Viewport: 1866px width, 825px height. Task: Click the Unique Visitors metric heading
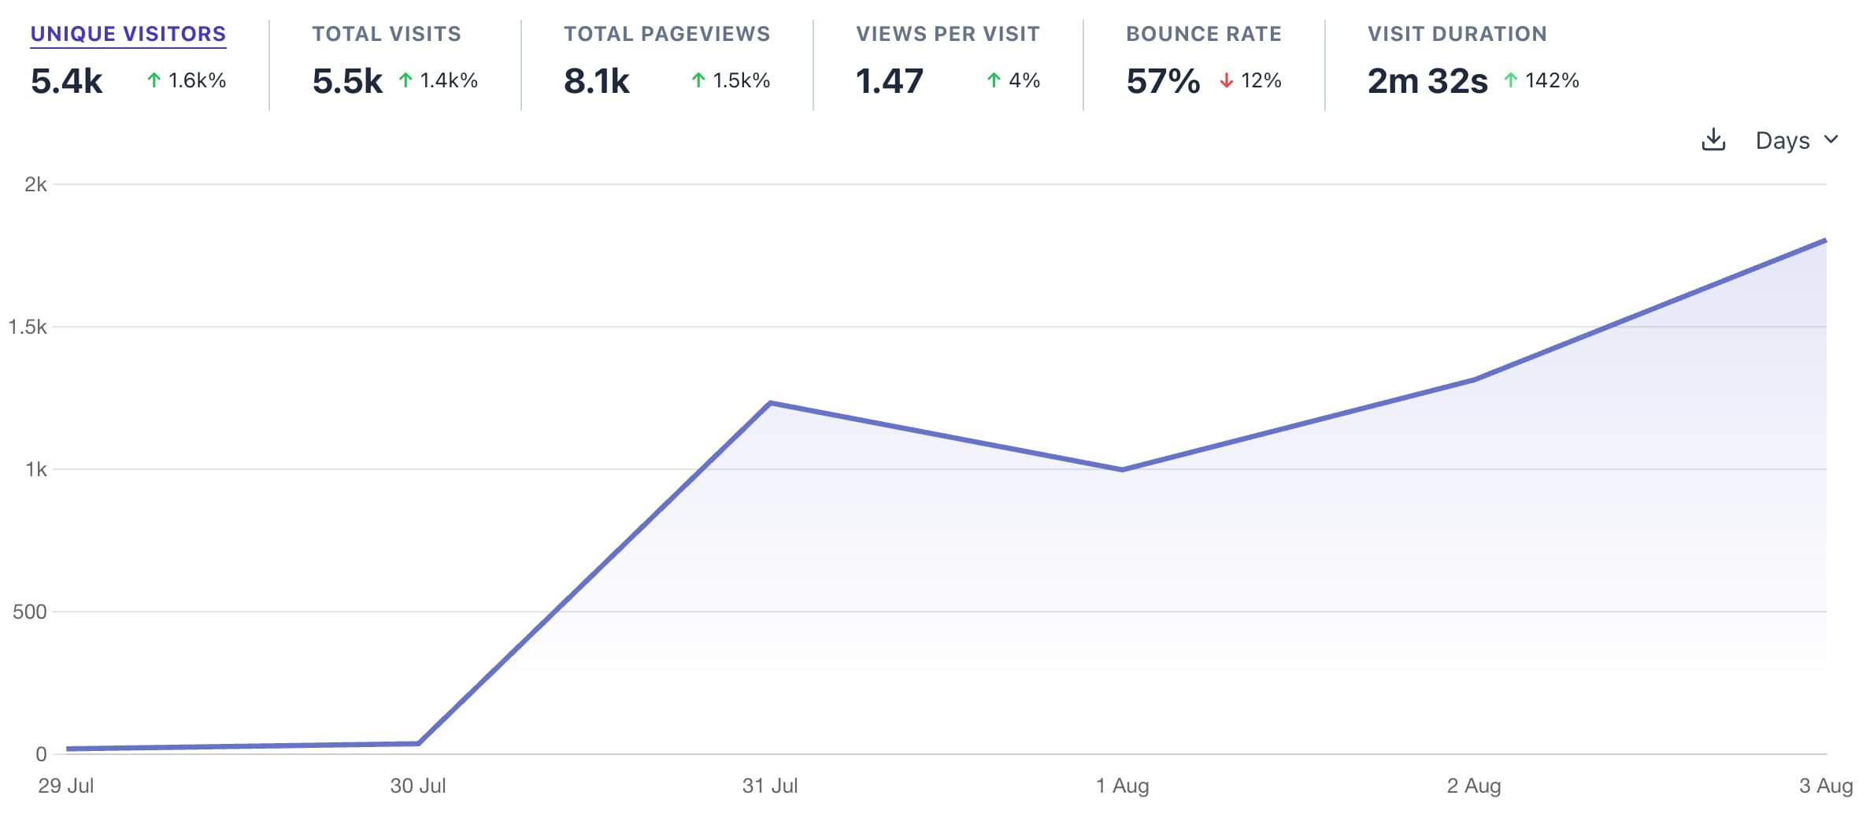[x=128, y=34]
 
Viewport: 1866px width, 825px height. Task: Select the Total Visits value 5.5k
[x=347, y=81]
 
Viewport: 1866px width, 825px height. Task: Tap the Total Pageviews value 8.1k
[x=596, y=81]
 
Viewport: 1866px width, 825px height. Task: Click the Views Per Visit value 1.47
[x=889, y=81]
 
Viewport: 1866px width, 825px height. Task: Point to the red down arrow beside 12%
[x=1226, y=80]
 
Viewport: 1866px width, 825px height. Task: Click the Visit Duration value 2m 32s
[x=1427, y=81]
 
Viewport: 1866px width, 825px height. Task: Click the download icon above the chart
[x=1713, y=140]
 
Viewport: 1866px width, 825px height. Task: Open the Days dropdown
[x=1796, y=140]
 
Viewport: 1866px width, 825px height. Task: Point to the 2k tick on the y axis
[x=35, y=185]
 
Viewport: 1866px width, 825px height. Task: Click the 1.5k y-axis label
[x=28, y=327]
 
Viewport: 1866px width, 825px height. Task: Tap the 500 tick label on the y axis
[x=30, y=612]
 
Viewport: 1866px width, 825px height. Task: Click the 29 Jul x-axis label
[x=66, y=786]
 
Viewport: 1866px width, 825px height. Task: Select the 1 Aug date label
[x=1122, y=786]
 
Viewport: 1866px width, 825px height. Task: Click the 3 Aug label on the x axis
[x=1825, y=786]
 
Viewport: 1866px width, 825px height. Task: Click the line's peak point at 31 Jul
[x=770, y=403]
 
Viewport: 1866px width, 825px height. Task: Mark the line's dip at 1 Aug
[x=1122, y=470]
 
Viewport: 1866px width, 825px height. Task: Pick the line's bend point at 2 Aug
[x=1474, y=379]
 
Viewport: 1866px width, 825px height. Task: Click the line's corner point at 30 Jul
[x=418, y=743]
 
